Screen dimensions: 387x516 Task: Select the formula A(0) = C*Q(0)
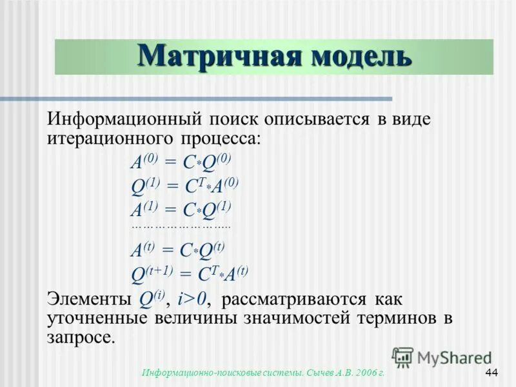(x=181, y=163)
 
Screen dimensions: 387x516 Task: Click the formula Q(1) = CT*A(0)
(x=184, y=186)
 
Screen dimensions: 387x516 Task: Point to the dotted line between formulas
(x=181, y=227)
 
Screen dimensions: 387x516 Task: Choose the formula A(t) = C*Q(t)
(x=178, y=250)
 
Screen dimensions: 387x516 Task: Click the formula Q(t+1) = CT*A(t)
(x=189, y=273)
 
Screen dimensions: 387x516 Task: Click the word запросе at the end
(x=80, y=337)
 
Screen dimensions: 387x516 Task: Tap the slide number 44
(x=491, y=373)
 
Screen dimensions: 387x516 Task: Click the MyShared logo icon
(x=402, y=357)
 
